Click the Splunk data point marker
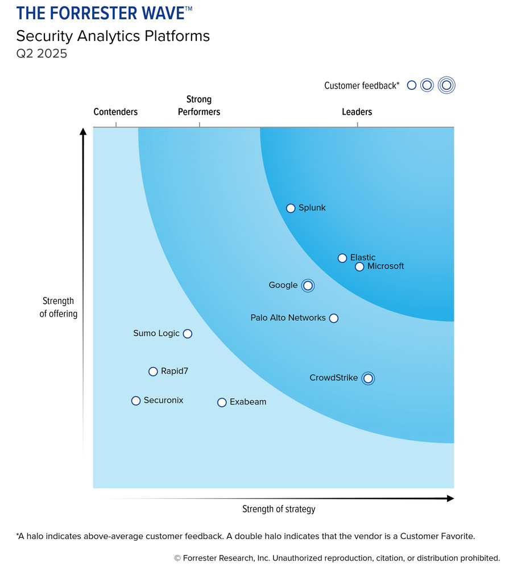[291, 208]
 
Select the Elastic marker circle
[342, 258]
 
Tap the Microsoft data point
[359, 266]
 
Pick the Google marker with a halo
[308, 285]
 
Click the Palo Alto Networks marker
[334, 318]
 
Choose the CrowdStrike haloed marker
[369, 378]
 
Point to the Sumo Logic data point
[188, 333]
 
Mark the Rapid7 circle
[153, 371]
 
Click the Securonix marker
[136, 400]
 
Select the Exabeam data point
[222, 402]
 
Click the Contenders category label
[115, 112]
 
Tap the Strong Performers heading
[199, 106]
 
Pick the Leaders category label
[357, 112]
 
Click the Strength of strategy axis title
[279, 509]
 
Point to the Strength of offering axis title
[59, 307]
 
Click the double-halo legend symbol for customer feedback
[447, 85]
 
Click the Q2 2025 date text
[42, 55]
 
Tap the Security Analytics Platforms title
[113, 36]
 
